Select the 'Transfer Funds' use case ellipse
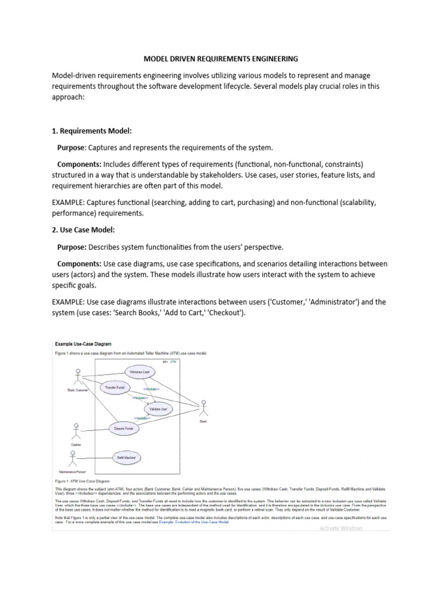pos(114,388)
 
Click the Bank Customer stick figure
pos(76,378)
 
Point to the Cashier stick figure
pos(75,432)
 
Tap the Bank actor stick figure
pos(203,410)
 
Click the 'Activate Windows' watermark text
pos(341,528)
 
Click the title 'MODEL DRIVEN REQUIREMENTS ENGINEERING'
pos(220,59)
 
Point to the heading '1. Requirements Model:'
pos(92,131)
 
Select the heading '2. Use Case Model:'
pos(83,230)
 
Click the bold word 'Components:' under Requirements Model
pos(79,164)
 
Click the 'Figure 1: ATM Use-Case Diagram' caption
pos(82,480)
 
